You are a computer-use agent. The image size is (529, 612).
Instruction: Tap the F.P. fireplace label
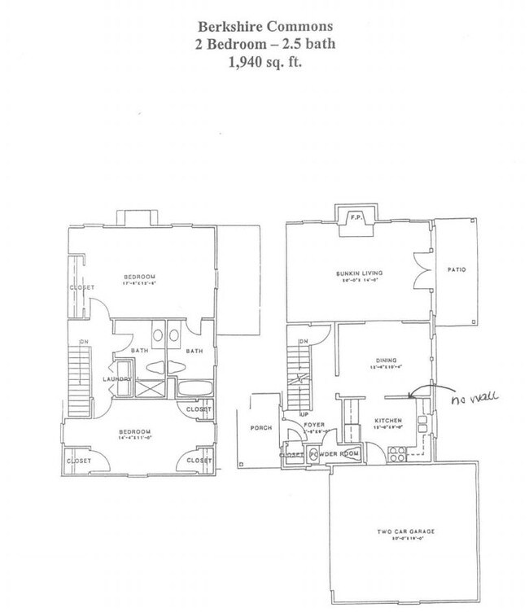click(355, 218)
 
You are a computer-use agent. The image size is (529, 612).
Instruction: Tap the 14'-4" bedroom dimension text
click(134, 438)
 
